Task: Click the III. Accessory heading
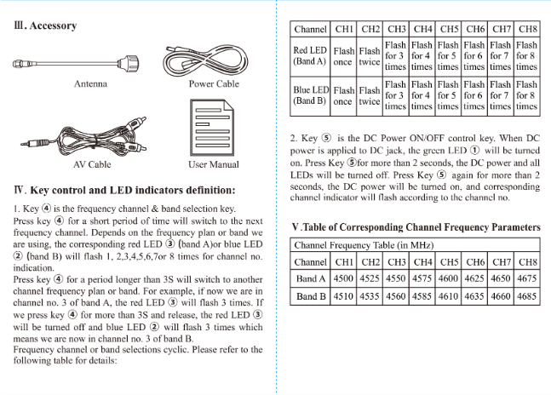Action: pyautogui.click(x=46, y=26)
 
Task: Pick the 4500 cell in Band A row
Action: pyautogui.click(x=344, y=278)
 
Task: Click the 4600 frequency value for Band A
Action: pyautogui.click(x=448, y=278)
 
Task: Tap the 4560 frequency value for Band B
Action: pyautogui.click(x=396, y=297)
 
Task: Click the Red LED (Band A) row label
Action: pyautogui.click(x=311, y=56)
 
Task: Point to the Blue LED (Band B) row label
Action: pyautogui.click(x=311, y=95)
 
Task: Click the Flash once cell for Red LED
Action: pyautogui.click(x=343, y=56)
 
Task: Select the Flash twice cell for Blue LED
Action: pyautogui.click(x=370, y=95)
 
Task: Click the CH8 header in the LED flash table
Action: pyautogui.click(x=526, y=29)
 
